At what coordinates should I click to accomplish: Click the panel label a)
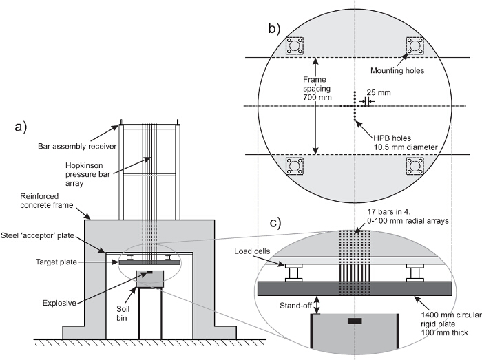click(21, 127)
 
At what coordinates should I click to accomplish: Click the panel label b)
click(275, 28)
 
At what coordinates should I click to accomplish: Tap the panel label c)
click(275, 223)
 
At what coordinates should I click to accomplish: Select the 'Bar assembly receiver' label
click(77, 146)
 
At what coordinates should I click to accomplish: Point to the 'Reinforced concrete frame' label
click(47, 200)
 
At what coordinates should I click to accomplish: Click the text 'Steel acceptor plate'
click(37, 235)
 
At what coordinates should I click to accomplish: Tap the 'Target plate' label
click(56, 262)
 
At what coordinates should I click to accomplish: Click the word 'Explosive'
click(59, 303)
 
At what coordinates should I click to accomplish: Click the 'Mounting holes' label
click(397, 71)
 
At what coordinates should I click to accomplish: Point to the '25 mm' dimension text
click(379, 92)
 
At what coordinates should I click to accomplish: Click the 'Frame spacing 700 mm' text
click(317, 89)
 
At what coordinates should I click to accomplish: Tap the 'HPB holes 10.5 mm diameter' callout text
click(406, 143)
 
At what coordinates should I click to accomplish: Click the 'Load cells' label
click(252, 251)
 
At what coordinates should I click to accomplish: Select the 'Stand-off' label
click(295, 306)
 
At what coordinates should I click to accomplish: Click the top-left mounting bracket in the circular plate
click(295, 46)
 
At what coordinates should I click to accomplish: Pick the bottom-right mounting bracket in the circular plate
click(415, 166)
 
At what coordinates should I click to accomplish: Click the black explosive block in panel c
click(355, 321)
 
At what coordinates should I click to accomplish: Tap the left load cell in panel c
click(293, 273)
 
